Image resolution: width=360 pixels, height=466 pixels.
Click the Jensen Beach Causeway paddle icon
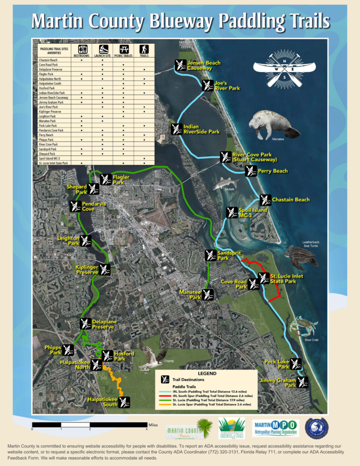[x=180, y=65]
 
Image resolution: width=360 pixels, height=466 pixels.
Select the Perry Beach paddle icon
[x=251, y=171]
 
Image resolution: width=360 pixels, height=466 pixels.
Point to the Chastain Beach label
[x=290, y=199]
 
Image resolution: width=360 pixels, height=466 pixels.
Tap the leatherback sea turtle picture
[x=300, y=256]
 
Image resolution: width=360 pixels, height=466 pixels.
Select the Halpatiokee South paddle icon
[x=124, y=402]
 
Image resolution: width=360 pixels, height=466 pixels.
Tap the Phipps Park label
[x=53, y=350]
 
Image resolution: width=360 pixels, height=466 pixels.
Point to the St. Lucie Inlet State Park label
[x=287, y=279]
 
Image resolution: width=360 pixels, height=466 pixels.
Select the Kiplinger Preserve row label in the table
[x=51, y=111]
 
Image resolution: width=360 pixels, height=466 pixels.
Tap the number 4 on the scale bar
[x=147, y=429]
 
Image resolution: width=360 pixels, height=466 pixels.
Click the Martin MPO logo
[x=276, y=428]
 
